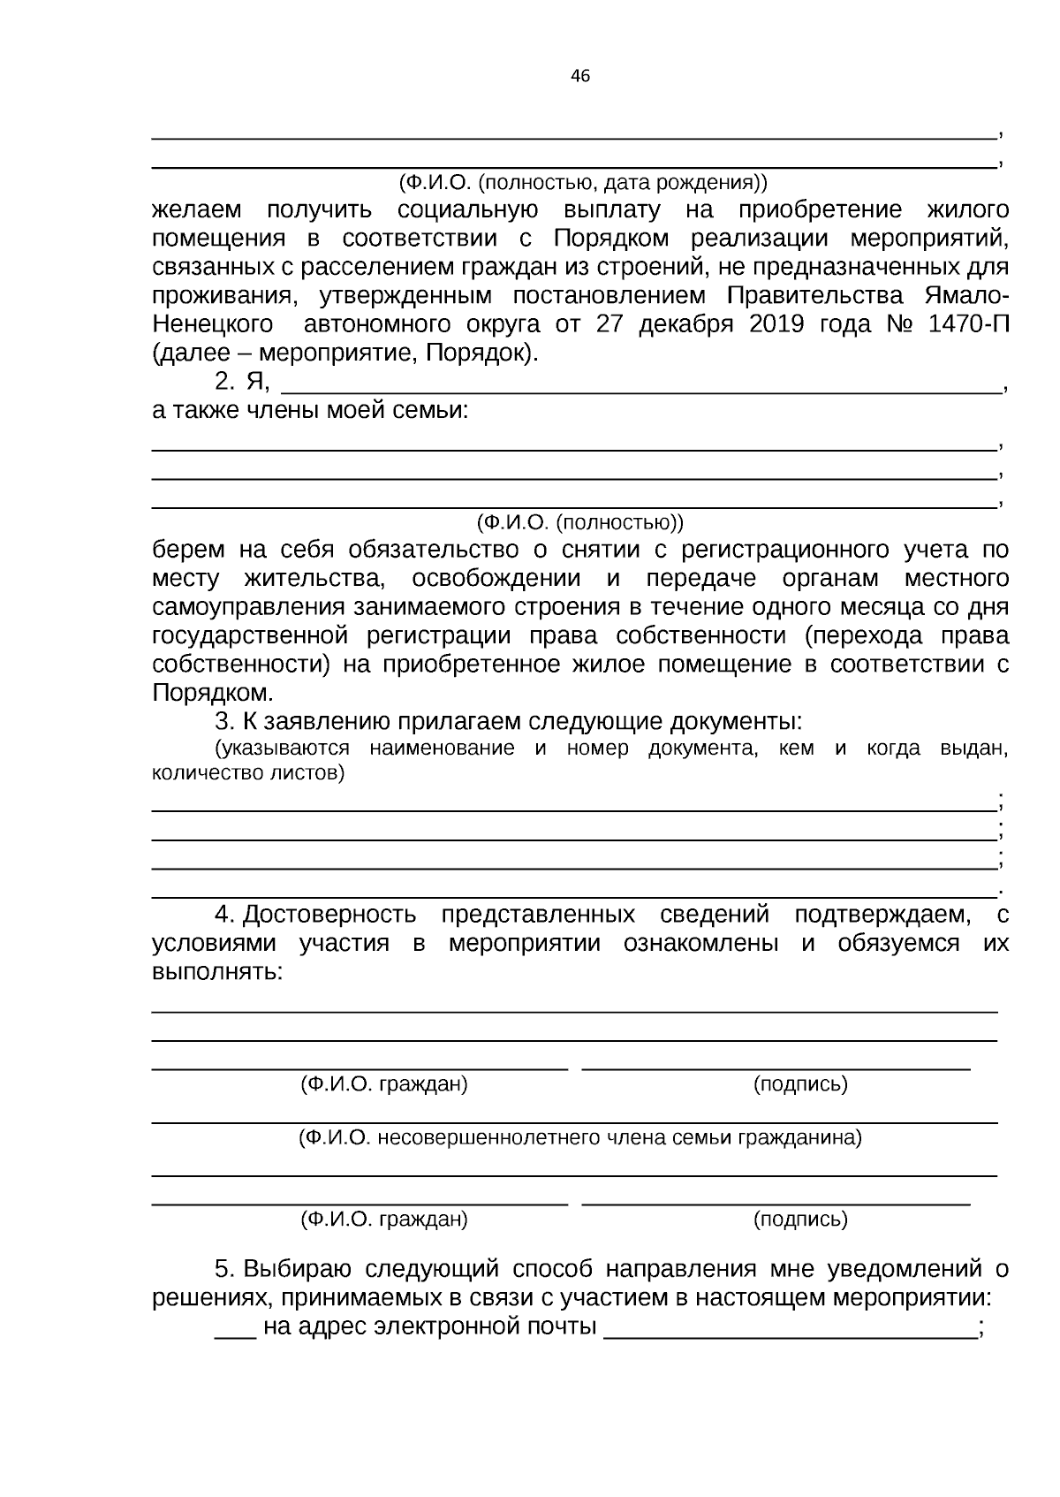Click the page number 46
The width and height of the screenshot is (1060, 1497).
click(x=580, y=76)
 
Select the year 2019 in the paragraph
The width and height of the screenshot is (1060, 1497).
click(x=776, y=324)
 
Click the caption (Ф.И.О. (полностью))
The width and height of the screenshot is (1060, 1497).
click(x=580, y=522)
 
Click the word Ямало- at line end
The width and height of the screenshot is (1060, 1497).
click(x=968, y=295)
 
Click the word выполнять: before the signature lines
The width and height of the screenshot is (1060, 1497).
click(x=217, y=972)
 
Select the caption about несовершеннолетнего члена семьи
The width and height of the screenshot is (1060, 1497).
click(x=580, y=1138)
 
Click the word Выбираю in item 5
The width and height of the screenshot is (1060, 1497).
click(x=298, y=1270)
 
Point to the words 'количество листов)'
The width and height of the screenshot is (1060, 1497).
click(x=248, y=773)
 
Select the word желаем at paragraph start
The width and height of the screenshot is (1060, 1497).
click(x=196, y=210)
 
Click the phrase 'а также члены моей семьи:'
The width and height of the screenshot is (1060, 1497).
click(x=310, y=411)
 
